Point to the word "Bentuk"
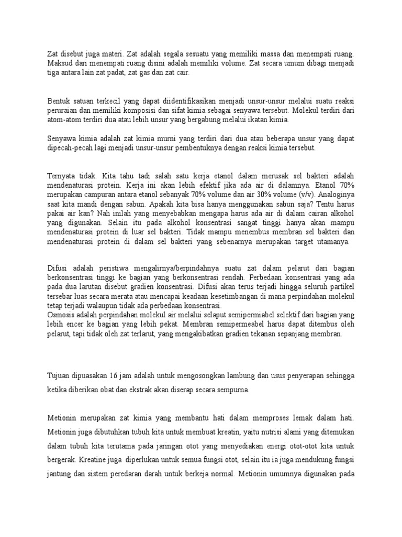click(58, 100)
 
